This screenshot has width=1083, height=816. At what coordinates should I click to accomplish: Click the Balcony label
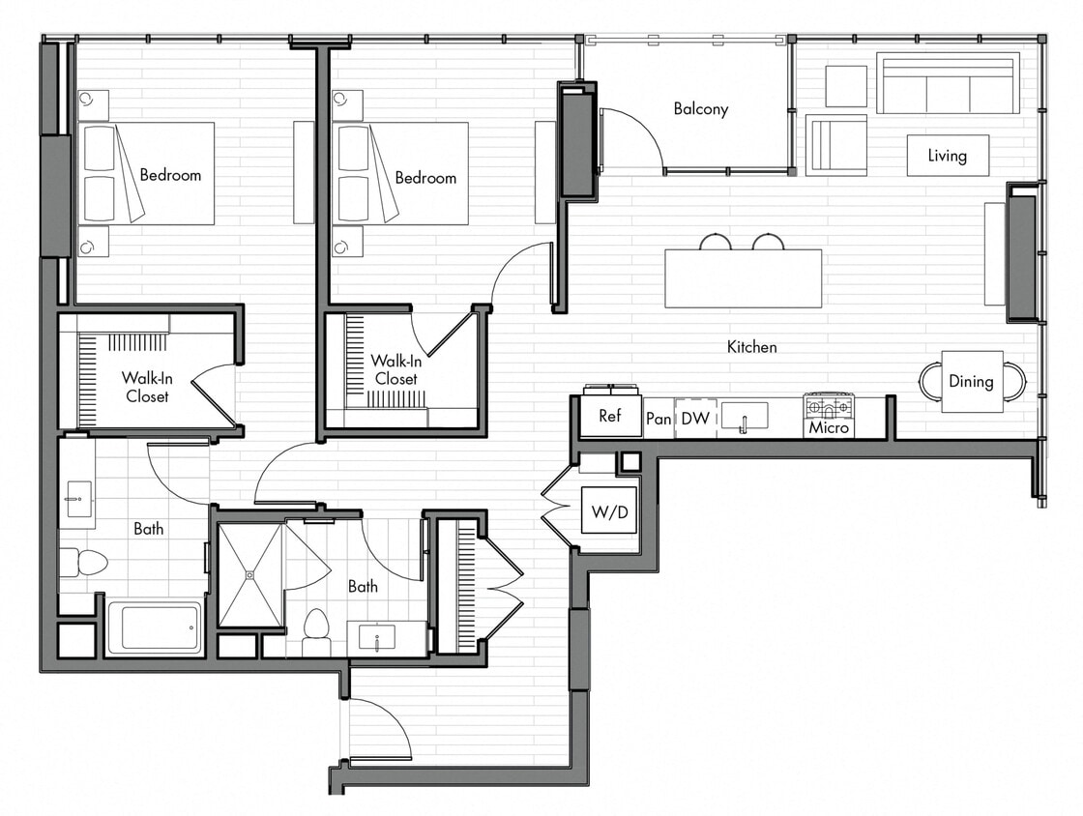[700, 109]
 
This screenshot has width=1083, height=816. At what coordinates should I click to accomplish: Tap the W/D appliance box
[609, 510]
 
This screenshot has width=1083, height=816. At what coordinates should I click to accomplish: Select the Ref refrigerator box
[610, 416]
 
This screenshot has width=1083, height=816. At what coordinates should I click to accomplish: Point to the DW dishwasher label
[695, 419]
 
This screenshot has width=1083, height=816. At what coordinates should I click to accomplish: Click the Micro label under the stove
[829, 427]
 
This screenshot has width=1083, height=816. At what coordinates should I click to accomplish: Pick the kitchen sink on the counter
[744, 416]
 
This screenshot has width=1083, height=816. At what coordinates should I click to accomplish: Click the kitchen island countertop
[743, 278]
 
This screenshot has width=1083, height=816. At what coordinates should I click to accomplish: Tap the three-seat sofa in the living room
[948, 84]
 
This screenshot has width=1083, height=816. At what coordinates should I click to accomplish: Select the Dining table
[971, 381]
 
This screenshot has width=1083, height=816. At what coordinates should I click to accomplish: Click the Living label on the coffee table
[948, 156]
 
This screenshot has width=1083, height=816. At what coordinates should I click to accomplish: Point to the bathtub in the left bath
[154, 627]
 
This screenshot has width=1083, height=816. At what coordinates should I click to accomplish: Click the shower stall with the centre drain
[249, 574]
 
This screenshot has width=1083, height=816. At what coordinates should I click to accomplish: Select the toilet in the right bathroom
[316, 627]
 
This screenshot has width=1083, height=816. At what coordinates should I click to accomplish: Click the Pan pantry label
[659, 419]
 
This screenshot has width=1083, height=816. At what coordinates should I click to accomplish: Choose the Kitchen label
[751, 346]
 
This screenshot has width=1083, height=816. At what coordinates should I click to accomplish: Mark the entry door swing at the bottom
[382, 725]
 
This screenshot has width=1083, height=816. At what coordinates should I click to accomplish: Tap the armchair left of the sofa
[836, 144]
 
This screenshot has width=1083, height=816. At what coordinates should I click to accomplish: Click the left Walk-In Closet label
[146, 387]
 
